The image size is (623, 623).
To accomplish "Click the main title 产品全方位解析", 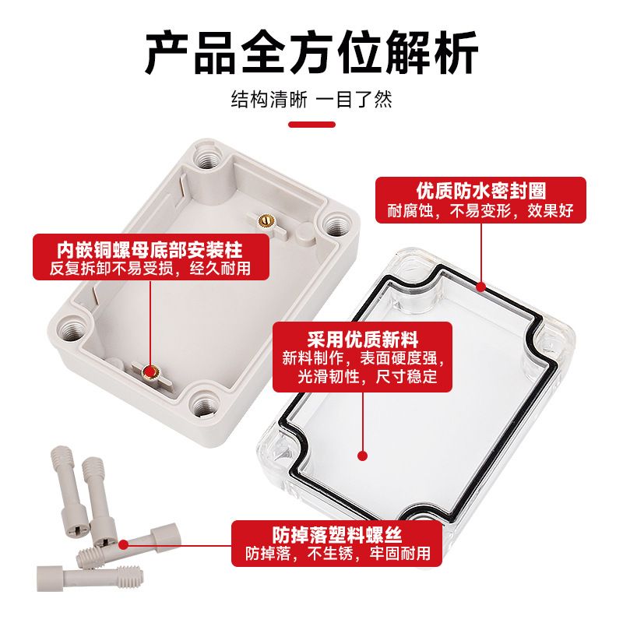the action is [x=311, y=53].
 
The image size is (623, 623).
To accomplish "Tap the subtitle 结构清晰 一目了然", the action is [x=311, y=100].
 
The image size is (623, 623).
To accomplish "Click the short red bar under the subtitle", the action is [x=312, y=125].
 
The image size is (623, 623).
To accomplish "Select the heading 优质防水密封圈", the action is [x=481, y=191].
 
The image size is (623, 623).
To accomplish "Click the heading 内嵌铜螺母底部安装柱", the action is [x=150, y=250].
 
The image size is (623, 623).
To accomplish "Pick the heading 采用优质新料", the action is [x=362, y=340].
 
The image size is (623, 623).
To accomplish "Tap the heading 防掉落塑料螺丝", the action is [x=337, y=534].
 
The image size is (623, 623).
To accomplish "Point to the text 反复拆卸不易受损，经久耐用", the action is [x=150, y=269].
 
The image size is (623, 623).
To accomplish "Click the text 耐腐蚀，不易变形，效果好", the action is [x=480, y=210].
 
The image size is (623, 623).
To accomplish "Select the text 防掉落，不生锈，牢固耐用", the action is [x=337, y=553].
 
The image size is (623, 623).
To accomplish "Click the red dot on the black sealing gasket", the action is [x=481, y=287].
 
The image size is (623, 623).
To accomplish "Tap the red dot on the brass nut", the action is [x=150, y=372].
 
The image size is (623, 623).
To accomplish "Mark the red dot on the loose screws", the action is [x=124, y=544].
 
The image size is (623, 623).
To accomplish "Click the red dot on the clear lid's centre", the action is [x=362, y=456].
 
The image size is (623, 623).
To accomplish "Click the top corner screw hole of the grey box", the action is [x=207, y=159].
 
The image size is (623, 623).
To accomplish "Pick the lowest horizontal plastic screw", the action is [x=90, y=578].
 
